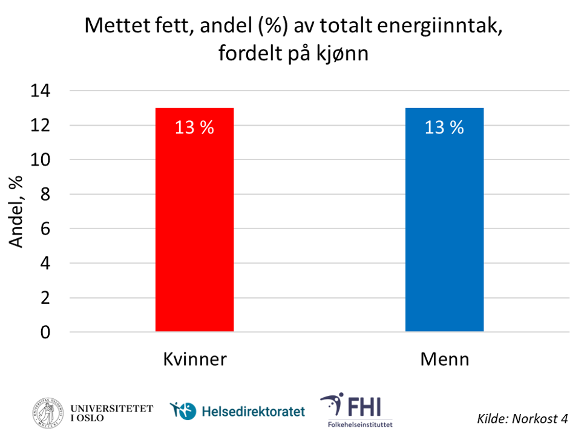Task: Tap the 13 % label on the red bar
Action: click(194, 128)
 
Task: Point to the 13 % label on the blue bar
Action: click(444, 128)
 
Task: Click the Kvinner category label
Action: click(194, 360)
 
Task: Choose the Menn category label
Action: click(445, 360)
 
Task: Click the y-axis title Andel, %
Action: click(19, 211)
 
